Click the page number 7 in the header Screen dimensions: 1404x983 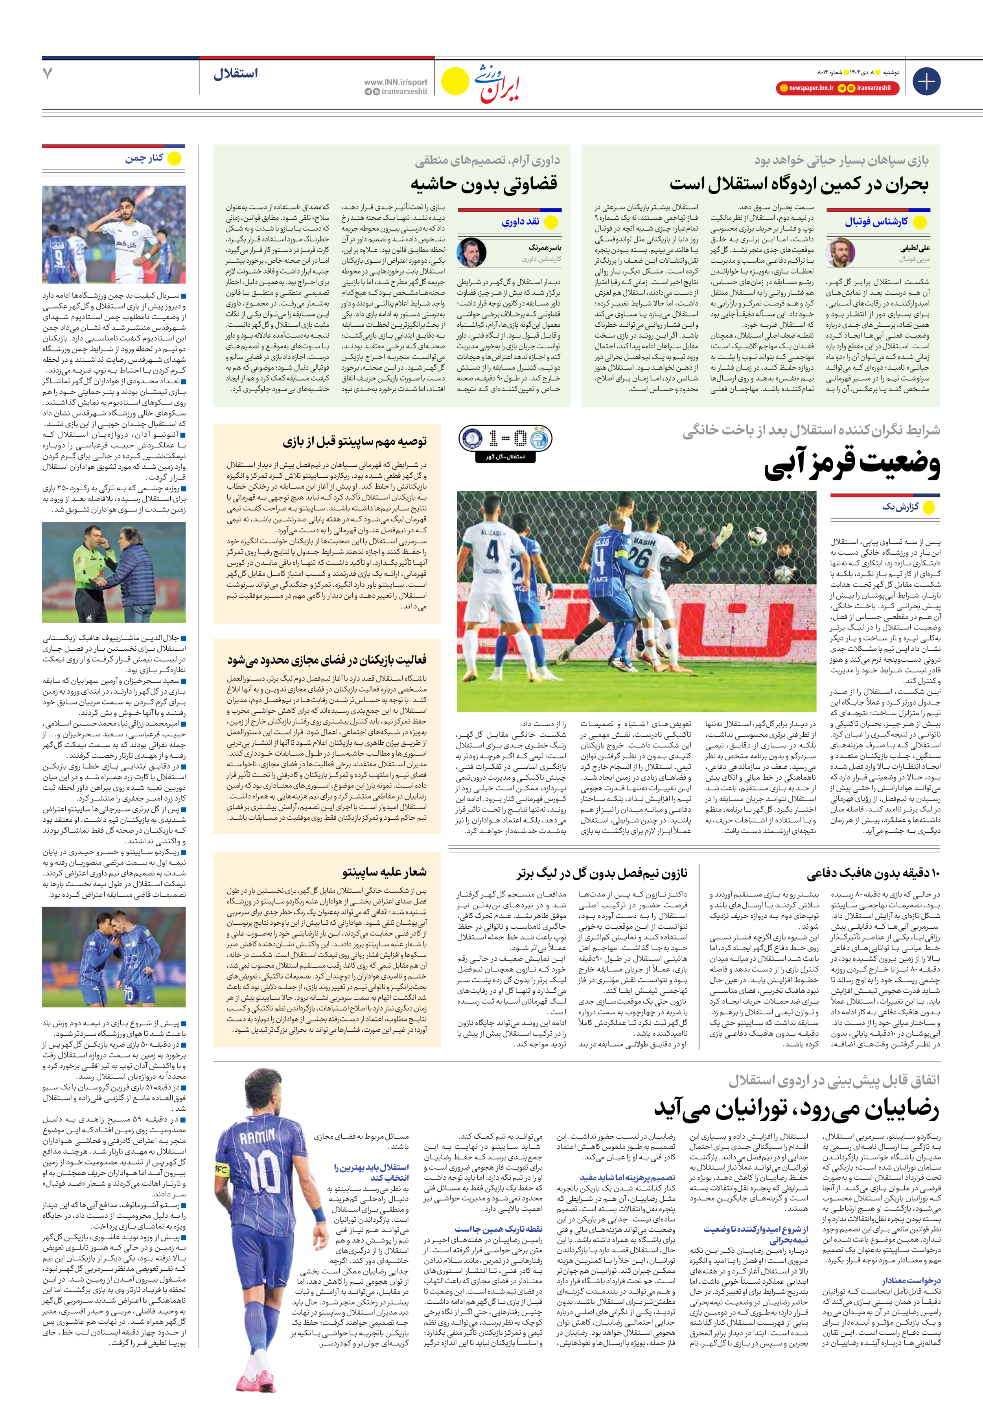coord(48,74)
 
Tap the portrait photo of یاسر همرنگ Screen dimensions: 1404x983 coord(471,252)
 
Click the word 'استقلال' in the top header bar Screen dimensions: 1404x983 coord(236,74)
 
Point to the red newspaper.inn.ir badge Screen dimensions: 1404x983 coord(806,88)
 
